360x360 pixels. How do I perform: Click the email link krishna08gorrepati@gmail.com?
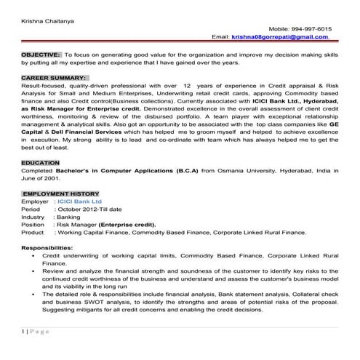279,36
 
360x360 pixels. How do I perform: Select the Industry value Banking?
69,217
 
